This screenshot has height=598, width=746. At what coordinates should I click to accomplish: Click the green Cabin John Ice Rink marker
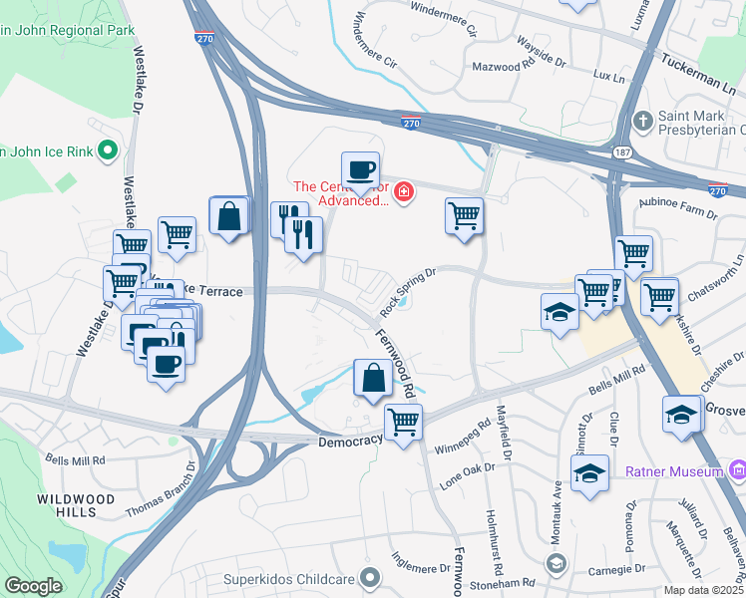coord(109,152)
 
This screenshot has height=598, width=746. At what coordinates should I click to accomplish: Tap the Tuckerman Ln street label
coord(702,66)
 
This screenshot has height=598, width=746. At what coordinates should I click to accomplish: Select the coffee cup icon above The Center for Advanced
coord(360,169)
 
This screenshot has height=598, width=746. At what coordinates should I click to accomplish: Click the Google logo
coord(33,585)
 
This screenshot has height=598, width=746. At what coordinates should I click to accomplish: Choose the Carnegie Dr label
coord(613,570)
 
